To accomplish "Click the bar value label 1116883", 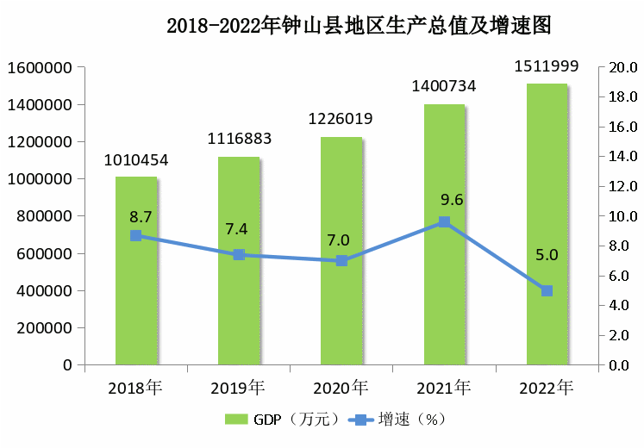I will tap(239, 139).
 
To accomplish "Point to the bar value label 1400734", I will tap(444, 86).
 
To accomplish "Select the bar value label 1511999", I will tap(547, 65).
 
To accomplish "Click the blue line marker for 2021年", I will tap(444, 222).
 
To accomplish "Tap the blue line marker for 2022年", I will tap(547, 291).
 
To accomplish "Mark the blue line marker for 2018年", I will tap(136, 235).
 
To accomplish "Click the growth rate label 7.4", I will tap(239, 229).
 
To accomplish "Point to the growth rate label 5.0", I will tap(547, 255).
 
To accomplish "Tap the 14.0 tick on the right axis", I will tap(622, 157).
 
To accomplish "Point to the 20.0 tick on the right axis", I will tap(622, 68).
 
